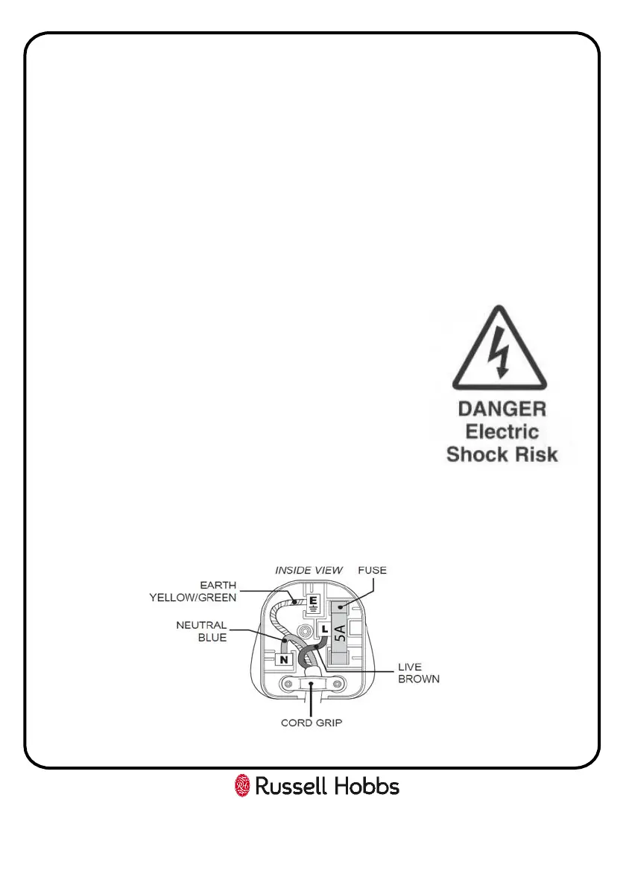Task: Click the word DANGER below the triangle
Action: [502, 409]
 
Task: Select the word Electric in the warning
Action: [502, 431]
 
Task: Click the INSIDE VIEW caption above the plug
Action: [309, 570]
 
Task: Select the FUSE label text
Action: [373, 570]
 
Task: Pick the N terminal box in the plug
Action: [283, 659]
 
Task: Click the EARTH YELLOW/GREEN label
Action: [193, 590]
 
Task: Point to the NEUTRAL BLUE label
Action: [201, 632]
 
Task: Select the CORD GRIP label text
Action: [312, 723]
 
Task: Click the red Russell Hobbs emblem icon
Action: [242, 786]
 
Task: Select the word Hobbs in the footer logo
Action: [367, 786]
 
